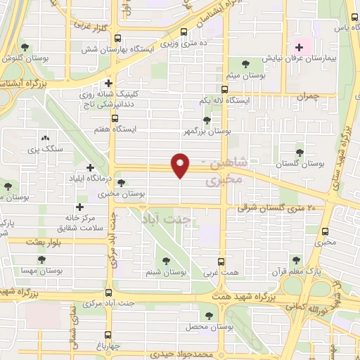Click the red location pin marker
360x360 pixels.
coord(181,165)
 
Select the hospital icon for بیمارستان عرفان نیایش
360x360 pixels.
coord(300,48)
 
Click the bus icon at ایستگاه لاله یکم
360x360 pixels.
coord(224,89)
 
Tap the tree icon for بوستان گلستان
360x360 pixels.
coord(300,151)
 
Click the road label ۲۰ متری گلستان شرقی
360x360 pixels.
coord(271,207)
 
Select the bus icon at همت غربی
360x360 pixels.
coord(221,261)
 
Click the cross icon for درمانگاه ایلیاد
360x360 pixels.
coord(89,167)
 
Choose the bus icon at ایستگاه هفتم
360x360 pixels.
coord(114,118)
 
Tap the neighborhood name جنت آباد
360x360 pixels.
coord(169,219)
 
